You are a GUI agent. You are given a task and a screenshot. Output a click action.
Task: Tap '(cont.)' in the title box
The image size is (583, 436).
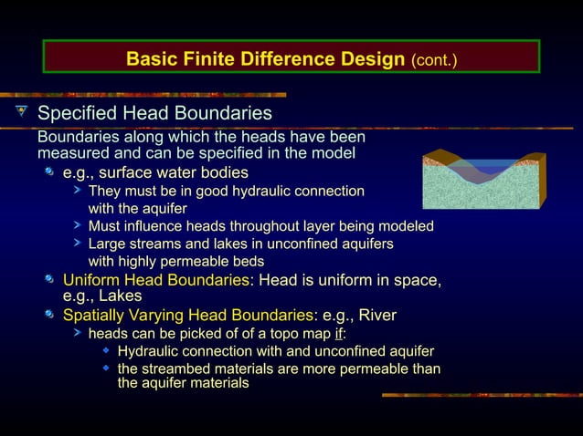point(435,61)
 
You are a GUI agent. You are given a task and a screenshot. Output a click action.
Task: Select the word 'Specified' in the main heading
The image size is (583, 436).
point(78,114)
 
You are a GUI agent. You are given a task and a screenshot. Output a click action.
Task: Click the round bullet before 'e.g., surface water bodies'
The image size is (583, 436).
point(51,172)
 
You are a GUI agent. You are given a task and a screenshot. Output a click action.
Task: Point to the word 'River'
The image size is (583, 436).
point(377,316)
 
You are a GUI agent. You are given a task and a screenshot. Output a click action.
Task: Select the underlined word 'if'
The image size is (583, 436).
point(338,334)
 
